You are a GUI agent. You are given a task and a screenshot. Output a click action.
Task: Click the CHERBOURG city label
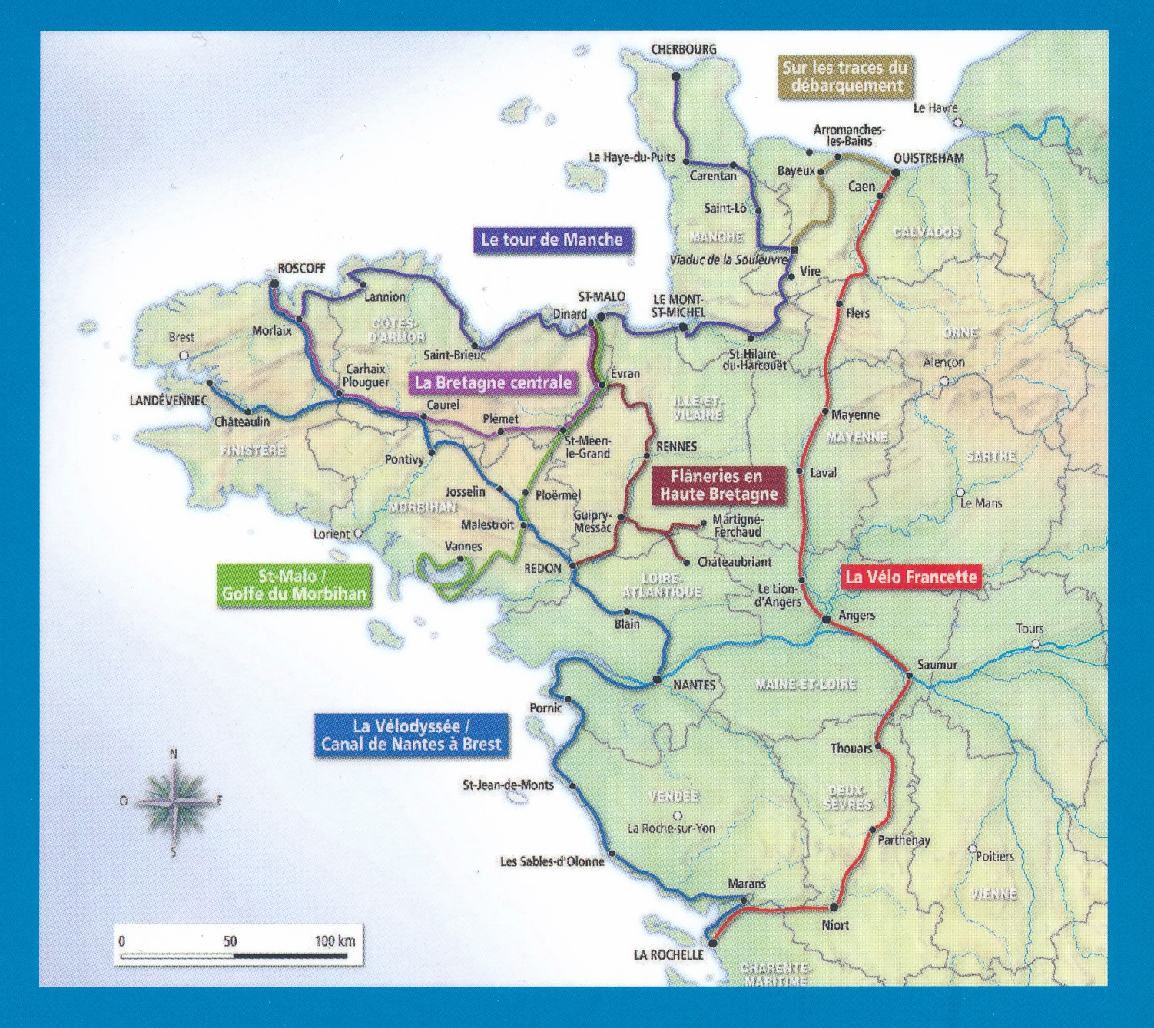pyautogui.click(x=683, y=49)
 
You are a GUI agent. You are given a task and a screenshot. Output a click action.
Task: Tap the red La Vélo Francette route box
pyautogui.click(x=910, y=577)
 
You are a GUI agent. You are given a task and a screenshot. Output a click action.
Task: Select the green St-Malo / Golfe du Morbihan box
pyautogui.click(x=293, y=585)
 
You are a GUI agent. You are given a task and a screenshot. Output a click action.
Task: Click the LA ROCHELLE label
pyautogui.click(x=668, y=954)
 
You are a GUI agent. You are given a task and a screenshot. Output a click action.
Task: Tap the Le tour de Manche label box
pyautogui.click(x=552, y=240)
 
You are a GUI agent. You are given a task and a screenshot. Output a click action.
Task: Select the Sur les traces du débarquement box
pyautogui.click(x=844, y=76)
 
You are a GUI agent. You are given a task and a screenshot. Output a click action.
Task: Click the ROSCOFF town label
pyautogui.click(x=301, y=268)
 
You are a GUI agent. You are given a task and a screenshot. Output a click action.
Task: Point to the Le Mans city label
pyautogui.click(x=981, y=504)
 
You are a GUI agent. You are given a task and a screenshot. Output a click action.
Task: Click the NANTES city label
pyautogui.click(x=694, y=685)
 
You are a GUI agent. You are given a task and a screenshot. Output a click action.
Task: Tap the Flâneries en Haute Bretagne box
pyautogui.click(x=718, y=485)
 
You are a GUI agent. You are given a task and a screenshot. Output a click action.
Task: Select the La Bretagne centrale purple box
pyautogui.click(x=492, y=382)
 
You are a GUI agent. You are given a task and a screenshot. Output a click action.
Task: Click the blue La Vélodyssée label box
pyautogui.click(x=411, y=735)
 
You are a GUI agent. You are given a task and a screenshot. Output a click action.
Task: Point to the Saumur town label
pyautogui.click(x=937, y=664)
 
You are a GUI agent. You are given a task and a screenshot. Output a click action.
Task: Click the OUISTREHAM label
pyautogui.click(x=928, y=158)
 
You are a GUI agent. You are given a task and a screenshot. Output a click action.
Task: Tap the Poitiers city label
pyautogui.click(x=994, y=856)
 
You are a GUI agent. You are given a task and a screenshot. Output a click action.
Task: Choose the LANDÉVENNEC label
pyautogui.click(x=168, y=401)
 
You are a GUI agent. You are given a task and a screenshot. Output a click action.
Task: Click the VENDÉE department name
pyautogui.click(x=673, y=796)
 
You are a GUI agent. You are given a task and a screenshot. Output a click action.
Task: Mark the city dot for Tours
pyautogui.click(x=1036, y=643)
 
